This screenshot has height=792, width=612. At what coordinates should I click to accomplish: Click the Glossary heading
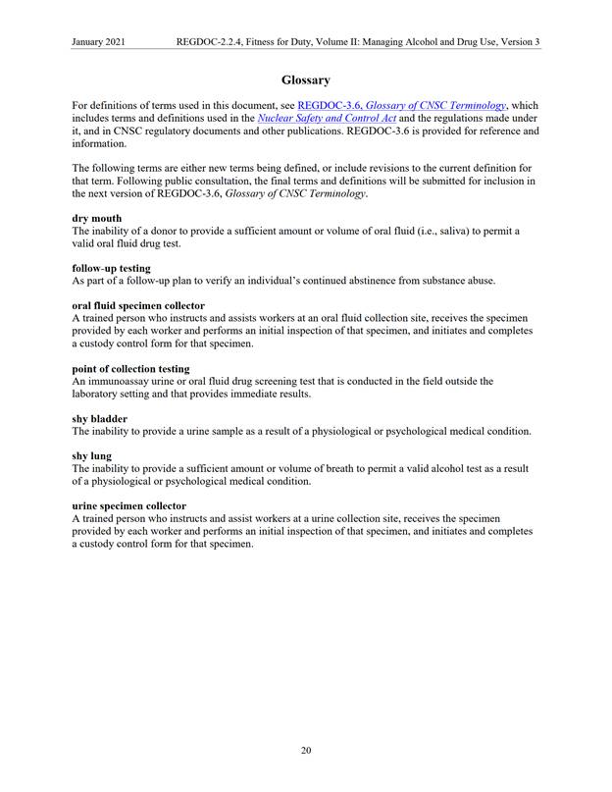click(305, 79)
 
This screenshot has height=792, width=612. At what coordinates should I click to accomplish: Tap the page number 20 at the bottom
click(305, 751)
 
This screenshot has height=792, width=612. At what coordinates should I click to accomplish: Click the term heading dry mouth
click(97, 217)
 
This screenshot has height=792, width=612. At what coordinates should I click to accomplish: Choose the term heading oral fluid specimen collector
click(138, 305)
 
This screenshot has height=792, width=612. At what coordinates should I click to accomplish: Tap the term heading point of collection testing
click(130, 369)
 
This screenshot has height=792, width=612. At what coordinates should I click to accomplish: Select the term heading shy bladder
click(100, 419)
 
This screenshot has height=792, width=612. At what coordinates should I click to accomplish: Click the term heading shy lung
click(91, 456)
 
